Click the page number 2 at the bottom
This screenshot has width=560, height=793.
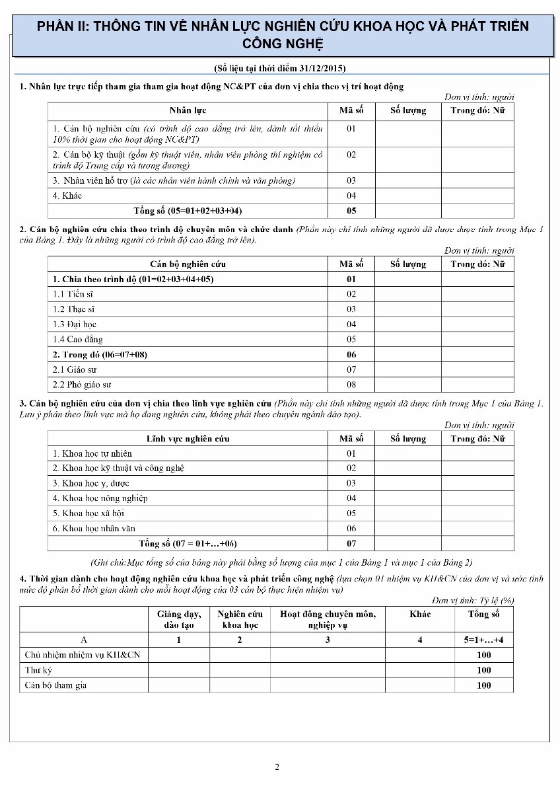(x=277, y=767)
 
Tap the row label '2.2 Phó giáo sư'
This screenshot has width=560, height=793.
(x=82, y=385)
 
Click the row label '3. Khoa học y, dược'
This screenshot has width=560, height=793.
(x=90, y=483)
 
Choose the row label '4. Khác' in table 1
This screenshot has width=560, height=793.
(x=67, y=196)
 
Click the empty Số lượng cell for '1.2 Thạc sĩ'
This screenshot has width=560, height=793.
(x=407, y=309)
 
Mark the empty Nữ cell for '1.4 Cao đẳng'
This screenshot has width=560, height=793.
(x=477, y=339)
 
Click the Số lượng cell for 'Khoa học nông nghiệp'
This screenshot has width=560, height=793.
(x=407, y=498)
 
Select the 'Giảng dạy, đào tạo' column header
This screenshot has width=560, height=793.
(x=179, y=619)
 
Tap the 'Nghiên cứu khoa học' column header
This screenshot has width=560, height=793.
(x=240, y=619)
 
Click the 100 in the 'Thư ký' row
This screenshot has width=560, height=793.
(x=483, y=670)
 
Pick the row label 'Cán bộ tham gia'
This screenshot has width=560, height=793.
(x=55, y=685)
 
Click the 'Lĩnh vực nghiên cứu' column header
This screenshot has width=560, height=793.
(x=188, y=438)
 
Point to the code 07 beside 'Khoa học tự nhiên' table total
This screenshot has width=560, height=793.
(x=351, y=543)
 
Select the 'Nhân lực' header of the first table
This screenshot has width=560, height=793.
(x=188, y=110)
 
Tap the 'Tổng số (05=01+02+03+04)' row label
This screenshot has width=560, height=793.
(x=188, y=211)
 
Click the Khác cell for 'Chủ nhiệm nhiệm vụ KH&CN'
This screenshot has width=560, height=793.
(x=419, y=655)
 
